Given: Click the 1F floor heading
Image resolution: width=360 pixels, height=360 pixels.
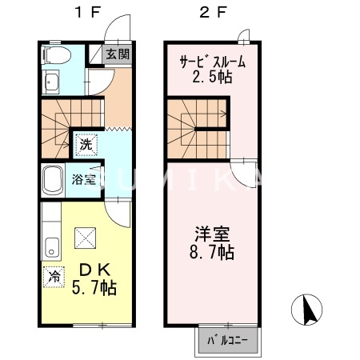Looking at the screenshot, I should click(x=87, y=13).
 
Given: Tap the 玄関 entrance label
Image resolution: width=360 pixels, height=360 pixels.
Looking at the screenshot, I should click(x=118, y=54).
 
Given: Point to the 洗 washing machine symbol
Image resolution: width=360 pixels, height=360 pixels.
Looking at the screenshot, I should click(x=85, y=145).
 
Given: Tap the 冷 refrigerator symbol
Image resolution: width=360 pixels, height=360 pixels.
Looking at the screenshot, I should click(x=53, y=274).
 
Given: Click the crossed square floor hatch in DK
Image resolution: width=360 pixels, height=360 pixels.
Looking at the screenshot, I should click(x=85, y=238).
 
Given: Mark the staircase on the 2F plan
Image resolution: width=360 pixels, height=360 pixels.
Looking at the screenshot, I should click(x=196, y=126).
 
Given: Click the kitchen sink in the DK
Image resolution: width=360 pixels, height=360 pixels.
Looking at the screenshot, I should click(x=51, y=246).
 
